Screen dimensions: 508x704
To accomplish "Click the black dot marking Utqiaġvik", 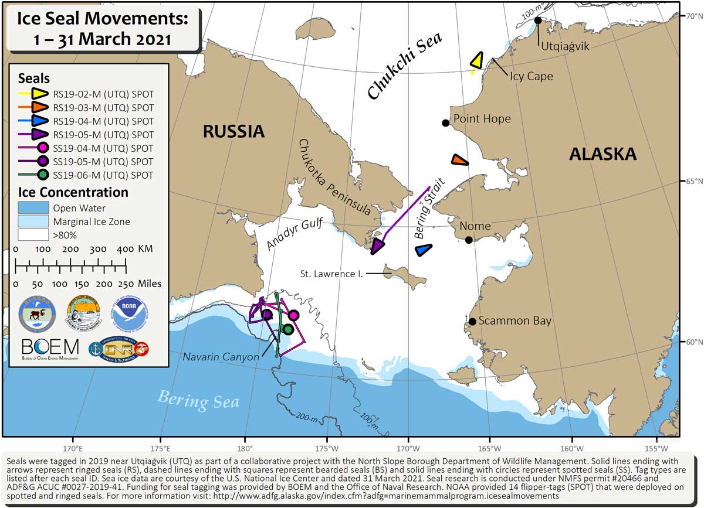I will tap(538, 21).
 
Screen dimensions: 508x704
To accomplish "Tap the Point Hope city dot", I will tap(446, 122).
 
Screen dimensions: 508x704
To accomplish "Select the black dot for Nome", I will tap(469, 240).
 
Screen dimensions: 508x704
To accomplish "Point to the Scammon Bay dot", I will tap(472, 321).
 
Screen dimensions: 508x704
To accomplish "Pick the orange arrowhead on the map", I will tap(459, 160).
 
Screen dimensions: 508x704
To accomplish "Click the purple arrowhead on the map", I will tap(378, 246).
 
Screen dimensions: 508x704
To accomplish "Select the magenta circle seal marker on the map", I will tap(293, 315).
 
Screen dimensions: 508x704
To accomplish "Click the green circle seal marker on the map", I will tap(287, 329).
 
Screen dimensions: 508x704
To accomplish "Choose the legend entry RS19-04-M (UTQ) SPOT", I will tap(103, 121).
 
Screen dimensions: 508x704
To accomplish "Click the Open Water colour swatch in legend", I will tap(33, 208).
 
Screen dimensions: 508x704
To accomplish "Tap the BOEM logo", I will tap(50, 346).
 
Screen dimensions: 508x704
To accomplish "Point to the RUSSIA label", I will tap(233, 132).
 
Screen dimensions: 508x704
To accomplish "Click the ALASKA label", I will tap(603, 154).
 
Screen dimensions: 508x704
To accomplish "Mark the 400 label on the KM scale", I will tap(125, 249).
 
